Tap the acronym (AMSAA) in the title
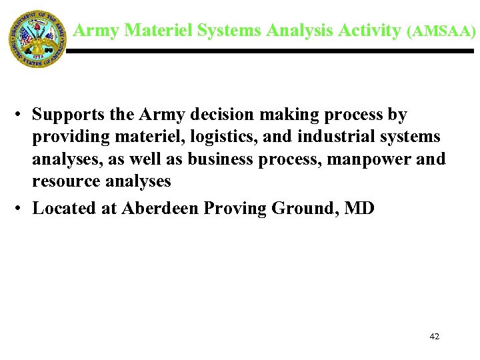tap(441, 31)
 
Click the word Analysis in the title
tap(300, 30)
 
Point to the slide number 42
tap(435, 337)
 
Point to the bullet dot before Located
tap(21, 209)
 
